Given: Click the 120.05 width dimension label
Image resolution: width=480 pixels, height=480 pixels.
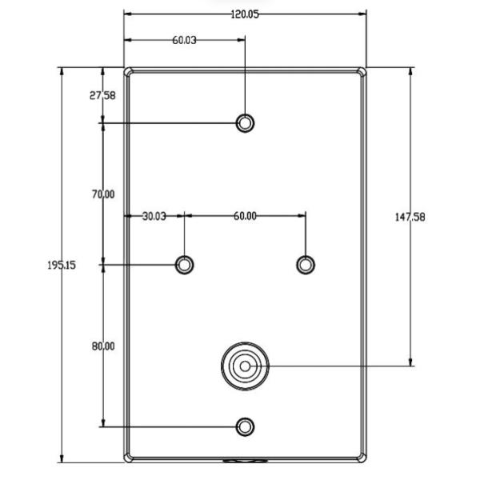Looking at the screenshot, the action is (x=245, y=14).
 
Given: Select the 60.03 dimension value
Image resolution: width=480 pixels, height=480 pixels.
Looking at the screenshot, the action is (x=184, y=40).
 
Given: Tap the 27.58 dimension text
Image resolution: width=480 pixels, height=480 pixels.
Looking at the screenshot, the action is (x=102, y=95).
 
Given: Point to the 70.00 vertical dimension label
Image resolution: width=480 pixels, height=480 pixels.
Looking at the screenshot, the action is (x=103, y=194).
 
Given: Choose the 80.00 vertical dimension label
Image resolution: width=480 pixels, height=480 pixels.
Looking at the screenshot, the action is (x=103, y=346).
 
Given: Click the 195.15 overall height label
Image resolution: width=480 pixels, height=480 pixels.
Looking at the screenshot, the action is (x=62, y=265).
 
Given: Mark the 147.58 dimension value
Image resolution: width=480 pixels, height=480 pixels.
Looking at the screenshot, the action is (x=410, y=218).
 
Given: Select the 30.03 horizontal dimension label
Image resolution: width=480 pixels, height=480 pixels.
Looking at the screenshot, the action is (x=154, y=217).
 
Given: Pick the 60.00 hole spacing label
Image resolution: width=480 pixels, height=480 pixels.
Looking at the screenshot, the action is (x=245, y=216).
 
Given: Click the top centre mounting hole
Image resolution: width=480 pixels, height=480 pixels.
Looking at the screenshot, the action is (x=245, y=123).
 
